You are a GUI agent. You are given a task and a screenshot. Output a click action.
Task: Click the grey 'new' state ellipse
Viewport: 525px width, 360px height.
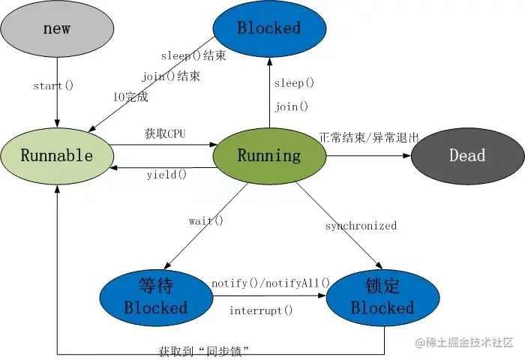click(x=57, y=28)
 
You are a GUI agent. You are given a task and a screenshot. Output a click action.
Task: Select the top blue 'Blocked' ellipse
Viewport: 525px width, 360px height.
click(x=268, y=28)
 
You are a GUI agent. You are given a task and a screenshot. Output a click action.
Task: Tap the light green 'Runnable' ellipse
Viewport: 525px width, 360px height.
click(x=57, y=156)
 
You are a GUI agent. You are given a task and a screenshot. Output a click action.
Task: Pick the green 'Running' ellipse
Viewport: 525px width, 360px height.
click(x=268, y=156)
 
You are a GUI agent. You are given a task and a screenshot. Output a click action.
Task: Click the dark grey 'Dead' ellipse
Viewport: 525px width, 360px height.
click(x=467, y=156)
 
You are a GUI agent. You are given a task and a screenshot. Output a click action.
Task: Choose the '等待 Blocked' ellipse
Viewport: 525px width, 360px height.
click(x=156, y=297)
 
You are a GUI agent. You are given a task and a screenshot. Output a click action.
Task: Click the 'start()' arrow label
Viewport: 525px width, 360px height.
click(x=53, y=85)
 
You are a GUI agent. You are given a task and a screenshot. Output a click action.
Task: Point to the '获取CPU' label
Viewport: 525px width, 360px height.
click(x=164, y=134)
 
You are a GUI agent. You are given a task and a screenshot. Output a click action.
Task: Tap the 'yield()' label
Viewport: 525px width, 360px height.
click(x=166, y=175)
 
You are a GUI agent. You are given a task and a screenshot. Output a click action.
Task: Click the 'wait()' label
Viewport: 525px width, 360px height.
click(x=206, y=220)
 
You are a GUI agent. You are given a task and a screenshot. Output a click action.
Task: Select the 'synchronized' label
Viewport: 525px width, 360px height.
click(x=361, y=226)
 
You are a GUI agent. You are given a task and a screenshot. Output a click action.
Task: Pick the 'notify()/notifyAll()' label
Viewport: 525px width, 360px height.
click(x=271, y=283)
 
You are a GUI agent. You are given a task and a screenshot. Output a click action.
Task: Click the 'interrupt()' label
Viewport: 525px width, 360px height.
click(x=261, y=310)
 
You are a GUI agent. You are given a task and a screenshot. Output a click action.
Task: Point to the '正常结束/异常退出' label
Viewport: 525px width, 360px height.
click(x=369, y=138)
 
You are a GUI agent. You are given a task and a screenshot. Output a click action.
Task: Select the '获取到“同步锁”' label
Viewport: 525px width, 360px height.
click(x=203, y=350)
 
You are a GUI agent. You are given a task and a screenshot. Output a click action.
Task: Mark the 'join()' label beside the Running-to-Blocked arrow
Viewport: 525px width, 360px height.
click(x=291, y=106)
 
